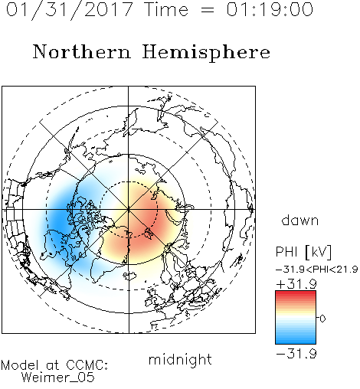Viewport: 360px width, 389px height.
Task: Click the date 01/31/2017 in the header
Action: pos(70,10)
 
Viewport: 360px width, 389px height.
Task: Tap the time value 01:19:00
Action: pos(270,9)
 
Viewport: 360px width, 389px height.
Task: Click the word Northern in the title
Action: pos(82,51)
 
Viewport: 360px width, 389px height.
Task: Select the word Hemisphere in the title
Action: pos(206,53)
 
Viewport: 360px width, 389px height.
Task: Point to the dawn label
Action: pos(300,220)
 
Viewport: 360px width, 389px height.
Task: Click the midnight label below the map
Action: pos(180,359)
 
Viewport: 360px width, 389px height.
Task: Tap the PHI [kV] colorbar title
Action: pos(303,252)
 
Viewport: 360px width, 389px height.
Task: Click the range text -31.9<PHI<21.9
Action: pos(317,270)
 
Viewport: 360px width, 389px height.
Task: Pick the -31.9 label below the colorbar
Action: pos(296,354)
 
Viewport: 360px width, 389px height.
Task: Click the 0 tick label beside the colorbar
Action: pos(322,319)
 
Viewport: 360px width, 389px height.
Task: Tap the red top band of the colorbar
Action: pos(296,295)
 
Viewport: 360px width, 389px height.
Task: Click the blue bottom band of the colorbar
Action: pos(296,339)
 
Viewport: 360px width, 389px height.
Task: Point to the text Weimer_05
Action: pos(58,378)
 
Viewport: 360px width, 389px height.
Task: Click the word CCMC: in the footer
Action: pos(87,365)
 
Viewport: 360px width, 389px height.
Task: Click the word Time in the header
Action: pos(166,9)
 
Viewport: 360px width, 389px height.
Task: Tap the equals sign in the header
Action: pos(207,10)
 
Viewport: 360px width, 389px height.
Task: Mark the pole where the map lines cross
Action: pos(129,210)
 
